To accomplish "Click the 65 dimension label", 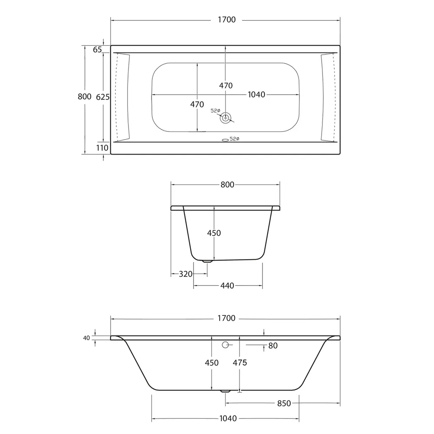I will click(x=97, y=49).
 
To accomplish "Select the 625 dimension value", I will click(x=102, y=97).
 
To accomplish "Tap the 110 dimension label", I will click(x=102, y=148).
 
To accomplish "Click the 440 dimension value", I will click(x=227, y=286).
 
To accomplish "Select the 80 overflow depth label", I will click(x=273, y=345).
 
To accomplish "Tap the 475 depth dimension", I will click(x=240, y=362).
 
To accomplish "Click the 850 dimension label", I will click(x=283, y=403).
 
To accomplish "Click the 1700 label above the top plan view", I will click(x=225, y=20).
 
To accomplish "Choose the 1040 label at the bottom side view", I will click(x=225, y=418).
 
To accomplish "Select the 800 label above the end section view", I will click(x=227, y=185).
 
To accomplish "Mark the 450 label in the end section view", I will click(x=214, y=233).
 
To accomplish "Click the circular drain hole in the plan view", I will click(x=226, y=117).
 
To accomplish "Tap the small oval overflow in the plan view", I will click(x=225, y=140).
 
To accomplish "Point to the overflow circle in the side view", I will click(x=225, y=345).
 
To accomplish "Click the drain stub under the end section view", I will click(x=207, y=261).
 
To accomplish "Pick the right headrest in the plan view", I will click(x=328, y=97).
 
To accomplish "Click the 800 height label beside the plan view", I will click(x=85, y=97).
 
